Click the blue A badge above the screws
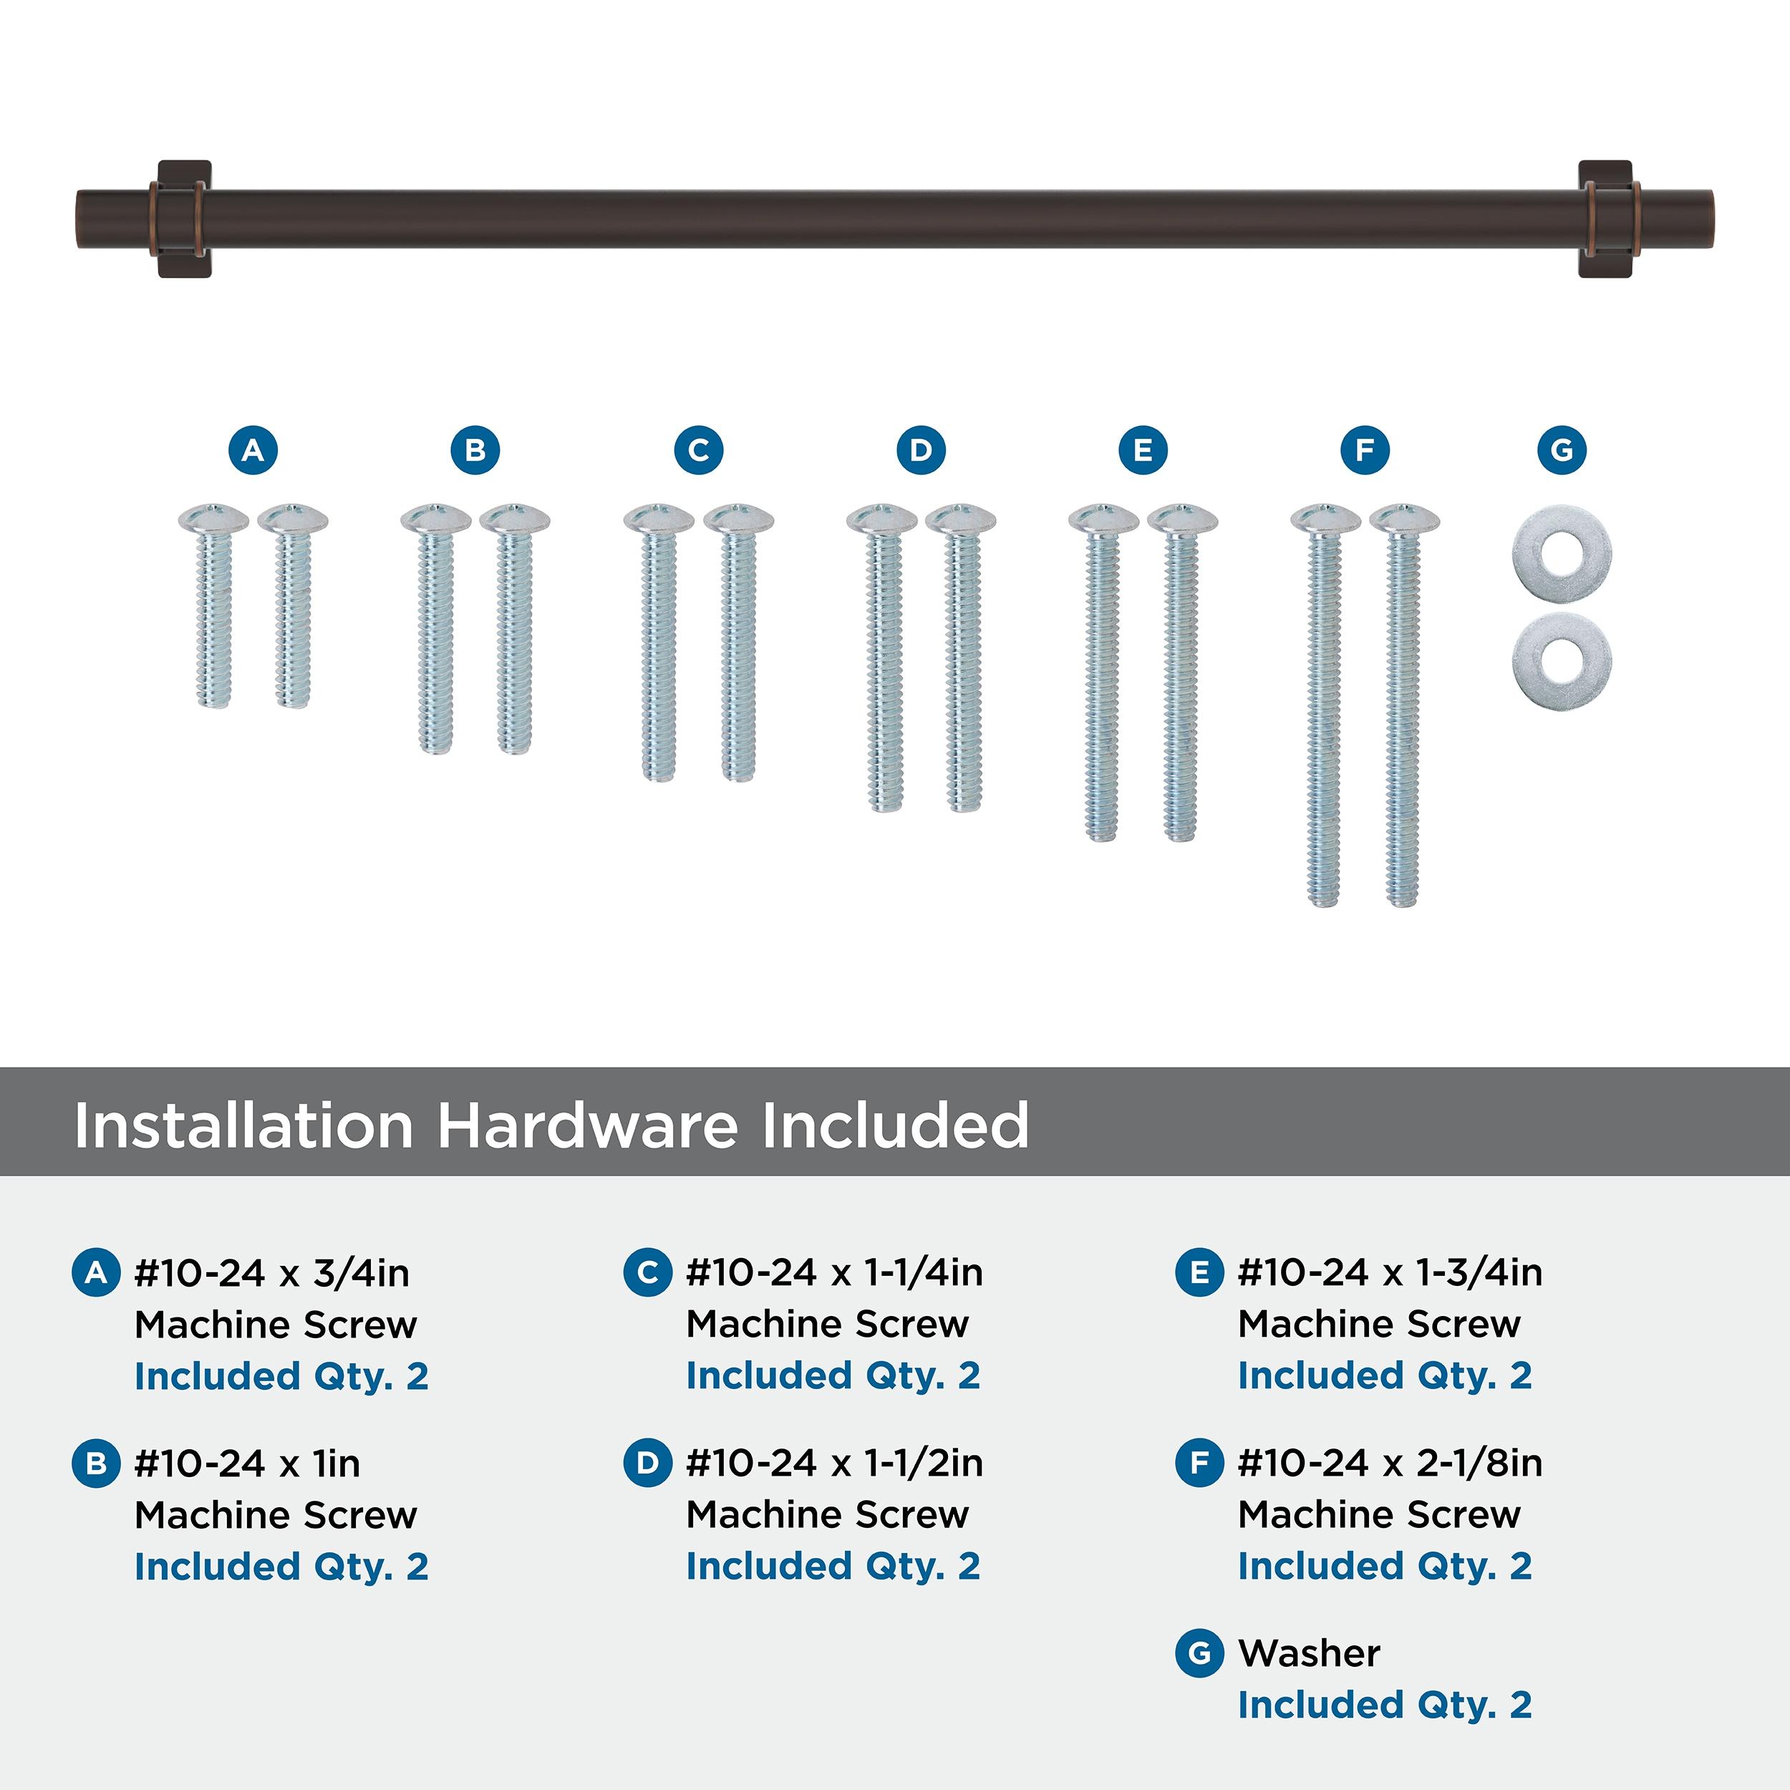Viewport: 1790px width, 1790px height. point(253,450)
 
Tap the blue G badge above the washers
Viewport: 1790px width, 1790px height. point(1561,450)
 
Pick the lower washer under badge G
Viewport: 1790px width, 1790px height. point(1561,659)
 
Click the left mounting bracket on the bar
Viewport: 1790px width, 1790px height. point(185,220)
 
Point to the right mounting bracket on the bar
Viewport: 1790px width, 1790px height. point(1605,220)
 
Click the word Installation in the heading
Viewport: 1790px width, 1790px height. point(243,1126)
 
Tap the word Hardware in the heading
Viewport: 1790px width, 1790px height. point(589,1126)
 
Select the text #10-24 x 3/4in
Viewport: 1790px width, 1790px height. point(271,1273)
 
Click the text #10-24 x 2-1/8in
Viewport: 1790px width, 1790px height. point(1390,1463)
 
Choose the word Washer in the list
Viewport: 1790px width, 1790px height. point(1309,1653)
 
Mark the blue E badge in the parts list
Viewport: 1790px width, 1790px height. point(1199,1272)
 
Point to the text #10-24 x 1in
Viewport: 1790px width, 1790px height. point(247,1463)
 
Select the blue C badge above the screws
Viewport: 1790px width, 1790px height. point(699,450)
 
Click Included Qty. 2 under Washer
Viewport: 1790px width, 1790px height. point(1385,1705)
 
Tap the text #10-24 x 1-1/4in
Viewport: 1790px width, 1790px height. point(834,1272)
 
